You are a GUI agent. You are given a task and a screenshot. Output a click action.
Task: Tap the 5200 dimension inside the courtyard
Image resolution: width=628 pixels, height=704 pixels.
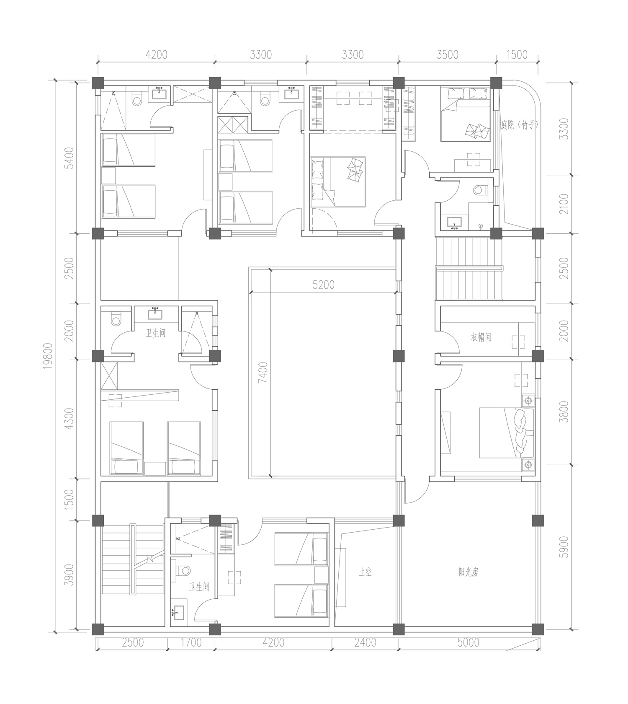324,285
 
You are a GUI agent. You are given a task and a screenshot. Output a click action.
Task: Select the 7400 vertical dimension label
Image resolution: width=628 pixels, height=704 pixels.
263,373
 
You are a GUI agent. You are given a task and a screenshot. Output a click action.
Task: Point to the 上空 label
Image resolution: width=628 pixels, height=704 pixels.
365,572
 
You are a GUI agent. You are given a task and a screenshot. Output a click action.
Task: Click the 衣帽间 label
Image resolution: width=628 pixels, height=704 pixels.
480,337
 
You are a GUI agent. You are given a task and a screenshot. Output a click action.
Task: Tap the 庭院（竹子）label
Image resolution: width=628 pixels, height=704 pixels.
519,125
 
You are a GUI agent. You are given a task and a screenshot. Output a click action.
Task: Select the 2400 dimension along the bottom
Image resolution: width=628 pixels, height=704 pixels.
365,642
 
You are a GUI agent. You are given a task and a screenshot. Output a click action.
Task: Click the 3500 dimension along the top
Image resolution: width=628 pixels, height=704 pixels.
447,54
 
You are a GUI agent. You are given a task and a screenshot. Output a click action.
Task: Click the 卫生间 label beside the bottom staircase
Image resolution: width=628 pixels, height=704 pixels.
199,587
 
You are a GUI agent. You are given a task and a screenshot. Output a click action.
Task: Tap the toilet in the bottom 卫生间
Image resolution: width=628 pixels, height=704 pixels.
182,570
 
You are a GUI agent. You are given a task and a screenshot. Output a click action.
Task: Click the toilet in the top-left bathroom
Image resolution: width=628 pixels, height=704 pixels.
136,99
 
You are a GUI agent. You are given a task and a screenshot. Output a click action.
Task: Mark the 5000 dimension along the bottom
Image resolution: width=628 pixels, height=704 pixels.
468,642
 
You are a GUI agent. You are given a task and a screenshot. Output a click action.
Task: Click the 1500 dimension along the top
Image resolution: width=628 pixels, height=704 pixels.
517,54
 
